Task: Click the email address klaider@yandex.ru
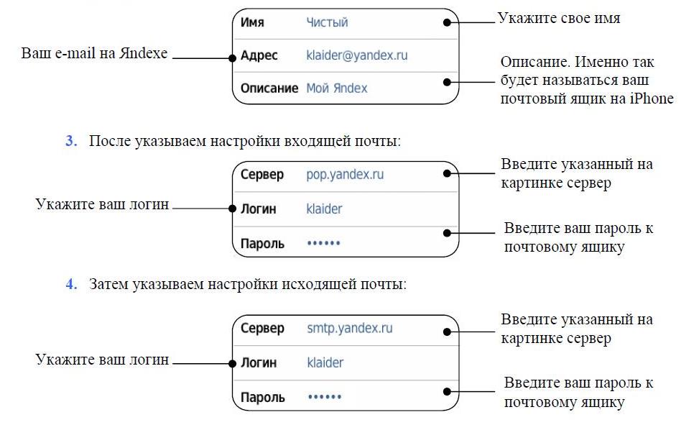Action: tap(357, 55)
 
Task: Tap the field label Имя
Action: tap(252, 22)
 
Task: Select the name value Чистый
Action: tap(327, 22)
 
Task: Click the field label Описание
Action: tap(269, 88)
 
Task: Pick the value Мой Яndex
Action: tap(336, 88)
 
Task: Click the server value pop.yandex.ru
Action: tap(345, 175)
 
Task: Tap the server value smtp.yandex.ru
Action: tap(349, 329)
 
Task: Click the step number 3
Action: tap(71, 141)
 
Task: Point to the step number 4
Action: tap(71, 284)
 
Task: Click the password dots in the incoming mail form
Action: tap(323, 244)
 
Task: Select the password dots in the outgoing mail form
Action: tap(323, 397)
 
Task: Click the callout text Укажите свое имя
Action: tap(559, 19)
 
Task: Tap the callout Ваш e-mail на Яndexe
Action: tap(94, 53)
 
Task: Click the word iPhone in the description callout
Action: tap(652, 99)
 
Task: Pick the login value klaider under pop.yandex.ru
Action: tap(324, 209)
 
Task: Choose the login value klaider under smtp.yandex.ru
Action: tap(325, 363)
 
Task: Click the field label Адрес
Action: tap(259, 55)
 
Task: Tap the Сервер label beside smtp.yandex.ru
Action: tap(262, 329)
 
